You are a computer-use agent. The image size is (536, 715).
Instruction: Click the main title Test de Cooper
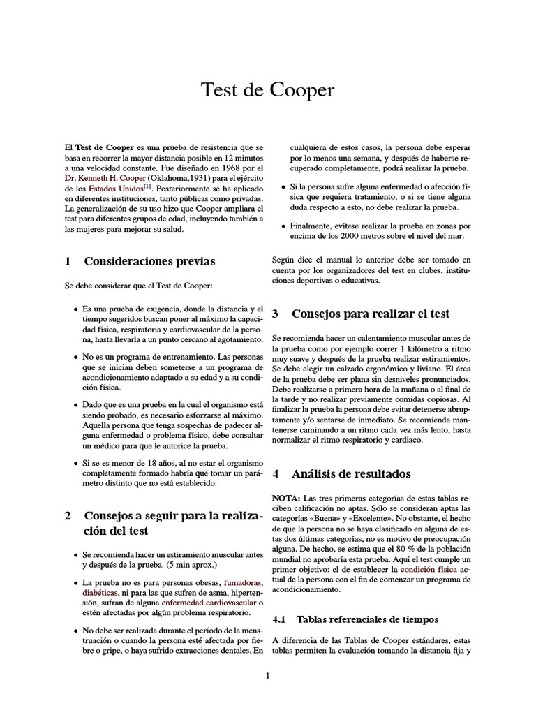coord(268,91)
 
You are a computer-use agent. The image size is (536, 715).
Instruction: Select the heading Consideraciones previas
coord(149,261)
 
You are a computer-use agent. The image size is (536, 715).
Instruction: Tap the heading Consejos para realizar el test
coord(370,314)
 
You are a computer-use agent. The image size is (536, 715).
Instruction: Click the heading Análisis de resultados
coord(361,473)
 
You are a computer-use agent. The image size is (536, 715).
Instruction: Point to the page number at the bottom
coord(267,675)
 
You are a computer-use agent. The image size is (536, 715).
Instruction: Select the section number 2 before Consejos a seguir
coord(68,516)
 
